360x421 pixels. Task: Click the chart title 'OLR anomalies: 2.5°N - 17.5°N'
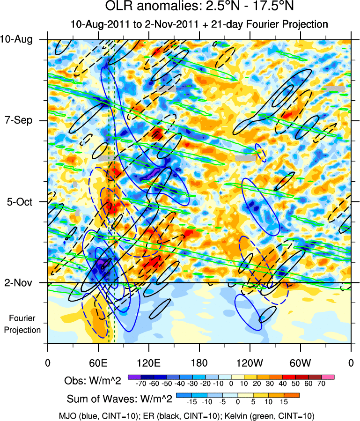click(198, 8)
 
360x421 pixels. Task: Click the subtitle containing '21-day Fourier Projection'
click(198, 24)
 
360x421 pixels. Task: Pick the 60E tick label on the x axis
click(98, 362)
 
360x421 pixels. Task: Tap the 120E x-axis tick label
click(149, 362)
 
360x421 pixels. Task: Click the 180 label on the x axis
click(199, 362)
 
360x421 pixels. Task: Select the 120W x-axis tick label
click(250, 362)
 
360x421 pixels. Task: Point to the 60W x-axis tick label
click(300, 362)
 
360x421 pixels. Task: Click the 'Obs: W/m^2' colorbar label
click(93, 381)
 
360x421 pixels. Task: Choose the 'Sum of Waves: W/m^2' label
click(119, 399)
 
